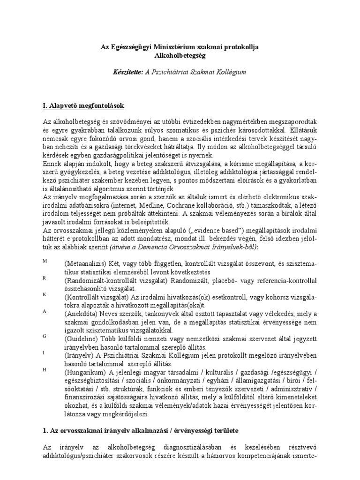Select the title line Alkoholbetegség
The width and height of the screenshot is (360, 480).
[180, 55]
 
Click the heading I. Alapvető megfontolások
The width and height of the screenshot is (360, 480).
[83, 105]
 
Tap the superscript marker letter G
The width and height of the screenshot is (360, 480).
[45, 336]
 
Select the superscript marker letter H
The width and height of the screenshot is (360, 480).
[45, 369]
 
